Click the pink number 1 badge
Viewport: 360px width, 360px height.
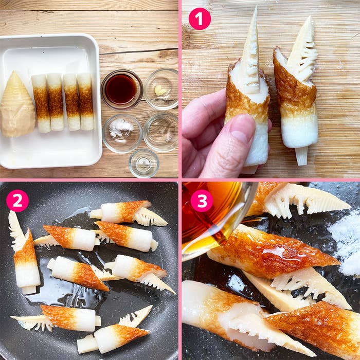click(200, 19)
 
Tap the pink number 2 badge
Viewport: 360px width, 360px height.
click(17, 201)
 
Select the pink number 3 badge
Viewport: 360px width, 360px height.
click(202, 201)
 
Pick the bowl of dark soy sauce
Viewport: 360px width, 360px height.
click(121, 88)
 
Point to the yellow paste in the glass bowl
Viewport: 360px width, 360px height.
click(160, 91)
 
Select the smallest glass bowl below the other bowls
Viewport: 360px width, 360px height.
click(143, 163)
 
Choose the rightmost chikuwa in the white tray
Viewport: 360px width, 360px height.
click(85, 101)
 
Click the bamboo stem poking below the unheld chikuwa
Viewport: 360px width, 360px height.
click(301, 155)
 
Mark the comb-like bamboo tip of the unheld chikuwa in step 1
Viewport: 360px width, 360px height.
click(303, 49)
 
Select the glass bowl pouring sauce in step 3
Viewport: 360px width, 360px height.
click(216, 216)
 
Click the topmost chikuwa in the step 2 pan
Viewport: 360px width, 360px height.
click(129, 212)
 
